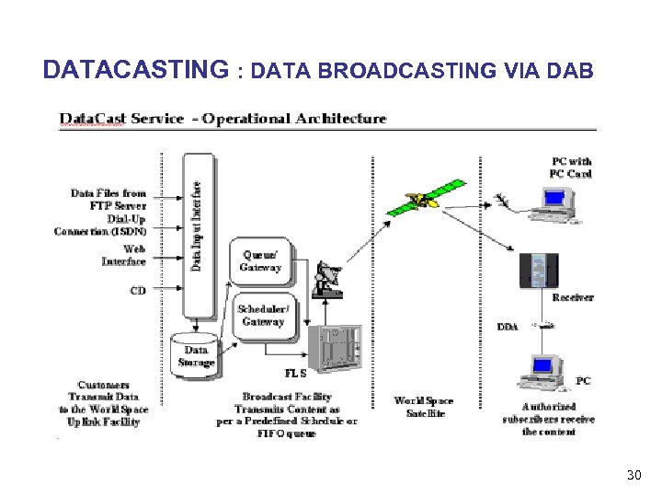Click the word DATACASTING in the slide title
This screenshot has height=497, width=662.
(x=135, y=70)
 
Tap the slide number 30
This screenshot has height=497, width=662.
(x=633, y=475)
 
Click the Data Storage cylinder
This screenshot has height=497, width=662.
(x=195, y=352)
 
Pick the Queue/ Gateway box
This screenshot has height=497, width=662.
(x=261, y=260)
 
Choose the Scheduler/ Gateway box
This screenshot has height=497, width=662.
(x=262, y=315)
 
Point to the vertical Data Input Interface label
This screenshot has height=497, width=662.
(x=198, y=225)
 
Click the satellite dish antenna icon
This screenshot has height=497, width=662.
(x=326, y=280)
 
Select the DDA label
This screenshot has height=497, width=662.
(x=507, y=327)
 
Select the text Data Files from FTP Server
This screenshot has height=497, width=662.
(x=108, y=199)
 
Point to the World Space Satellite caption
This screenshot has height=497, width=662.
(x=424, y=407)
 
